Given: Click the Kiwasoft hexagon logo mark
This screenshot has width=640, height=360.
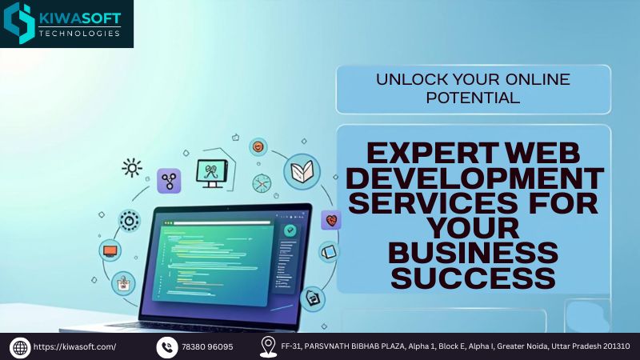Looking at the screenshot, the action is point(19,23).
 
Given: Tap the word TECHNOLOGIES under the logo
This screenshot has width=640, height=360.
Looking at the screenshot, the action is point(79,34).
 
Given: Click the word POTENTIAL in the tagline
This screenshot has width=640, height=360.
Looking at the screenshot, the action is point(473,98).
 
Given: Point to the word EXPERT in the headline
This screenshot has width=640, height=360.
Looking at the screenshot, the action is point(433,153).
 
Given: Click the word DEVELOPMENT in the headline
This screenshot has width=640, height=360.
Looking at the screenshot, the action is point(475,178).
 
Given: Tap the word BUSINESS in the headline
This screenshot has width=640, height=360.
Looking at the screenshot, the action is point(473,253).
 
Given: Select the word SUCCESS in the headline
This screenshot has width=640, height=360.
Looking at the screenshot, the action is point(473,278).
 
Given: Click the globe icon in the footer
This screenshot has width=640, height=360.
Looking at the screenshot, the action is point(20,347).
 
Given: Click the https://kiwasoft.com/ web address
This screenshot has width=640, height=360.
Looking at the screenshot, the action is point(74,347).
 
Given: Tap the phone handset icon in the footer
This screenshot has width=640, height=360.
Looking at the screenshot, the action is point(167,347).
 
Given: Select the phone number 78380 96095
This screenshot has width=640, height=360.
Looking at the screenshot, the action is point(207,347).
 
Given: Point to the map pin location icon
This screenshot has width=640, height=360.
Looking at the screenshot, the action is point(268,347).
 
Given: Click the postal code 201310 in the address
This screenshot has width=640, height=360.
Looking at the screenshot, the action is point(616,346).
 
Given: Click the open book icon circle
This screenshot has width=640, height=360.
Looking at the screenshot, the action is point(302,171).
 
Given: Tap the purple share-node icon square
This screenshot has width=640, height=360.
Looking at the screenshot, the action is point(169,181).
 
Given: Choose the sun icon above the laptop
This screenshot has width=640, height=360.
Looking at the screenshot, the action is point(132,167).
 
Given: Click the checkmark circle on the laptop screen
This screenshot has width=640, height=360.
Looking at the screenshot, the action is point(290,230).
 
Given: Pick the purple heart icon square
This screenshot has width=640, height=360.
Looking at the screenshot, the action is point(331,221).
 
